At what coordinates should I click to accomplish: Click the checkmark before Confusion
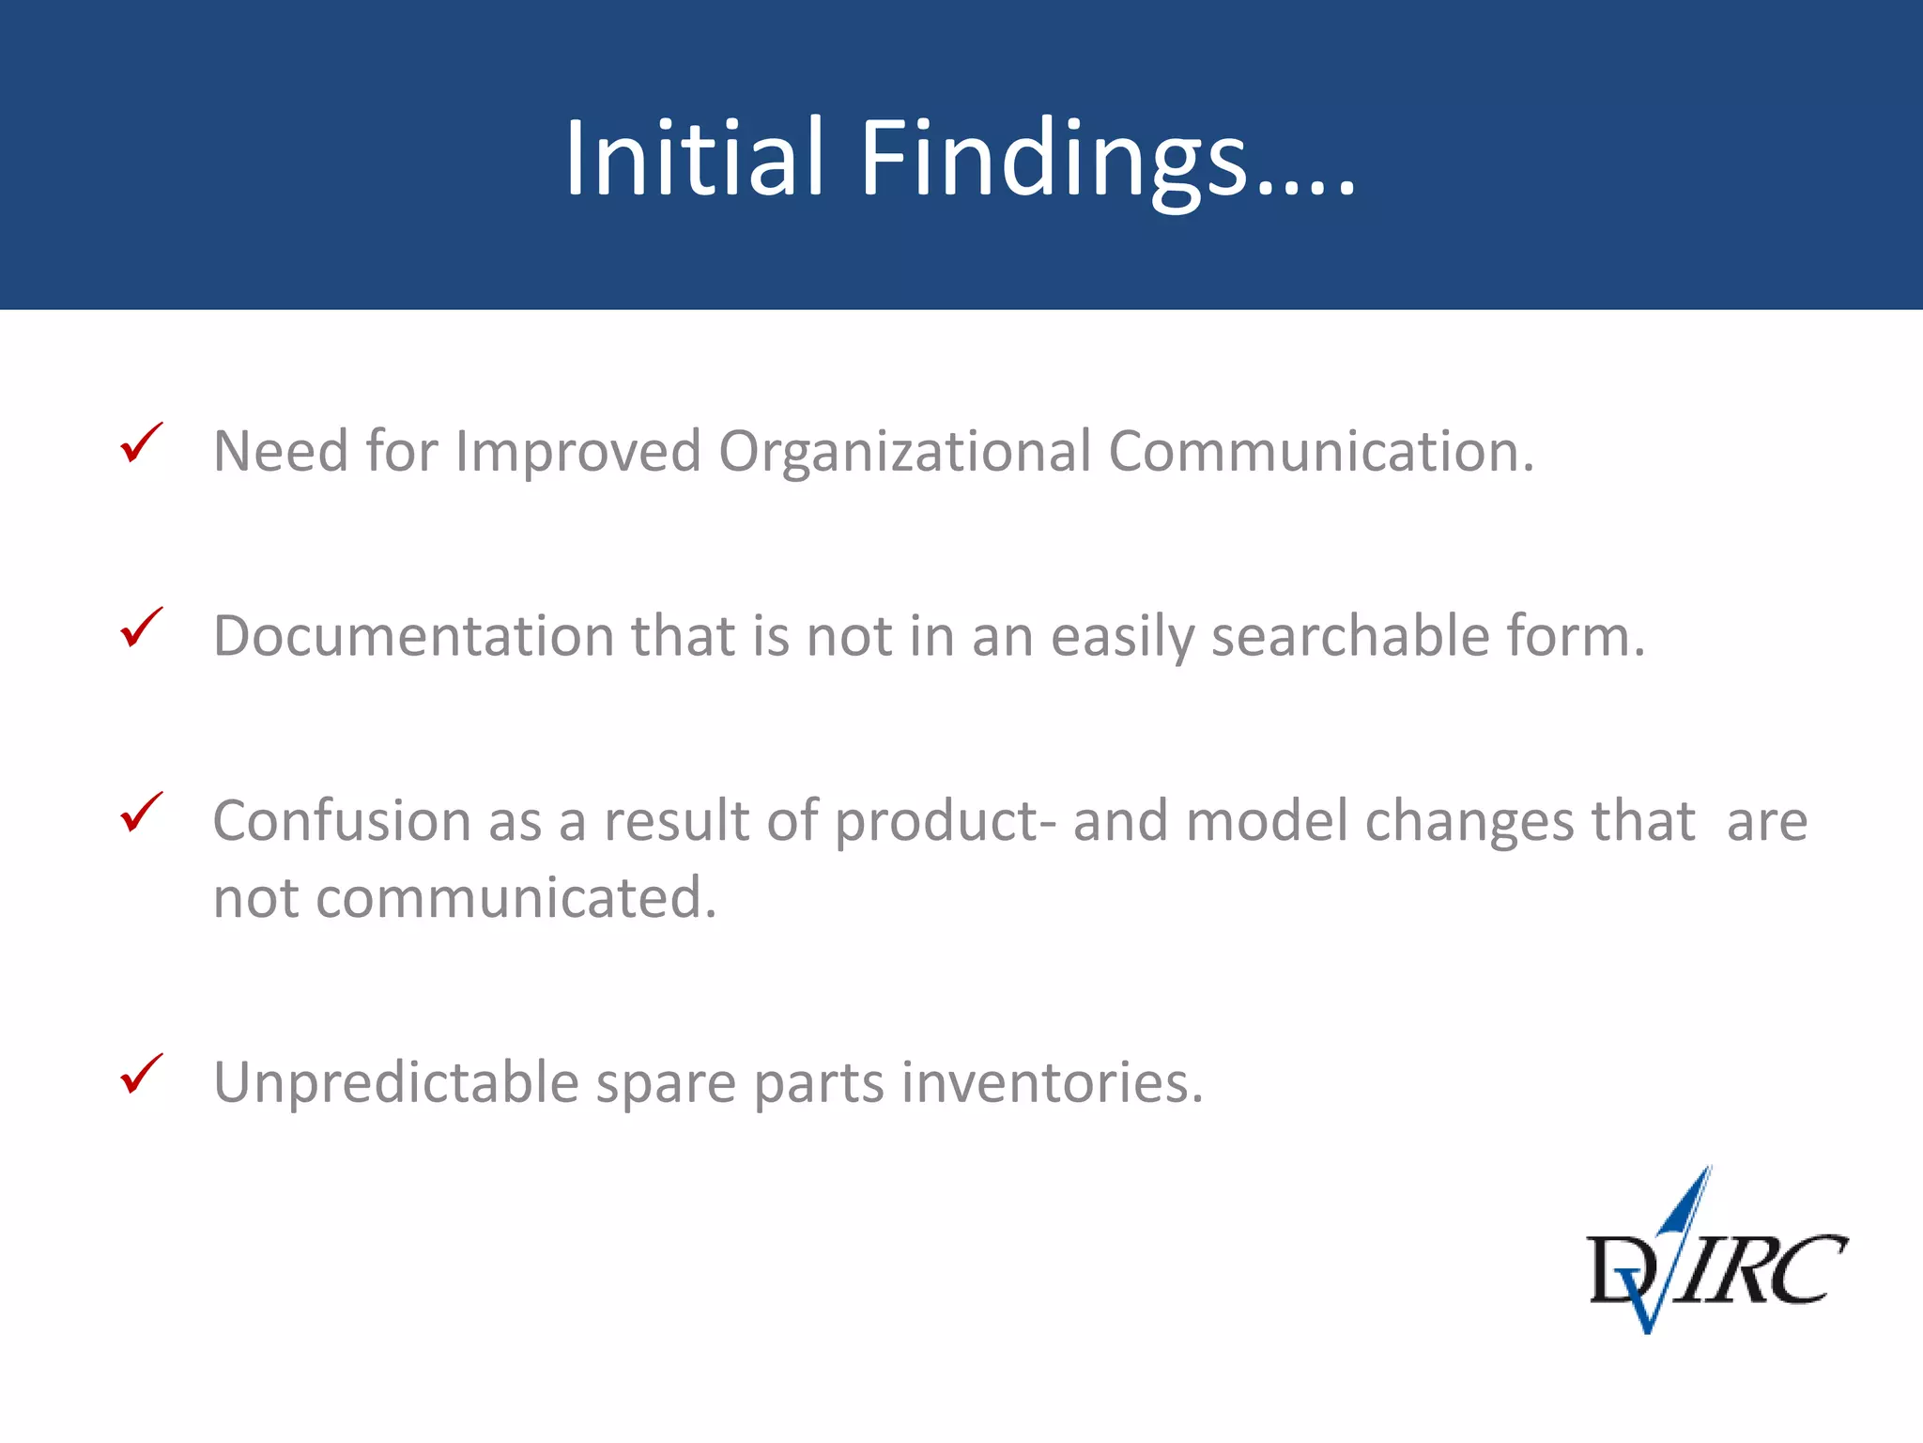coord(142,813)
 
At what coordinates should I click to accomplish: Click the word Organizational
coord(904,451)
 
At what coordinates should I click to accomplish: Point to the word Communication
coord(1319,451)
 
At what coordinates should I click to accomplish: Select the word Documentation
coord(413,636)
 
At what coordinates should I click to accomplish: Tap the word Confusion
coord(342,821)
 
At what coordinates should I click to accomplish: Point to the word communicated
coord(515,898)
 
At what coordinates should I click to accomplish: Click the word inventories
coord(1052,1082)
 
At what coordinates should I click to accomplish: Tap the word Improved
coord(578,451)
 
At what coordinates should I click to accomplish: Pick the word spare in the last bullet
coord(666,1082)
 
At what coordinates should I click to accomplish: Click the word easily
coord(1122,636)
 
